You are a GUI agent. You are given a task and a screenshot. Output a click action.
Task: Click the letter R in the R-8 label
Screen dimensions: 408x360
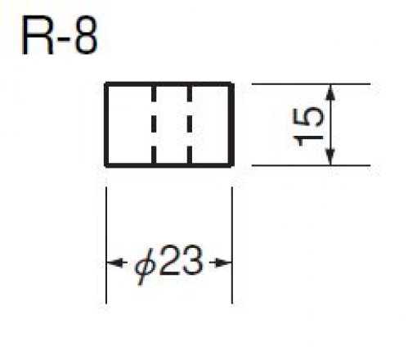37,36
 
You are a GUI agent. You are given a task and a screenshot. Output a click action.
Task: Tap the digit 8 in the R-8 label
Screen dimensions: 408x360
86,35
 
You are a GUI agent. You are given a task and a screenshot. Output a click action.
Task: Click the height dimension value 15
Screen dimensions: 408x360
307,127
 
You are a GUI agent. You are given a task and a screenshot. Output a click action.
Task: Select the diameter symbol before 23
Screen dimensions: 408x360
145,265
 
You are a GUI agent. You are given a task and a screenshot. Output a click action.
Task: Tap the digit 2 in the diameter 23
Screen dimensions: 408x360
169,259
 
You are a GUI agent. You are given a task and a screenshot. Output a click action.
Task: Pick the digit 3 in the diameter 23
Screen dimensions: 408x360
193,259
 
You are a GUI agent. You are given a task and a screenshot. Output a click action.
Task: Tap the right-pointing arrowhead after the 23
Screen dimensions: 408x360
221,263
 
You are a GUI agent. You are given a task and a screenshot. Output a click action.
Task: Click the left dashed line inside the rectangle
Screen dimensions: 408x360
154,124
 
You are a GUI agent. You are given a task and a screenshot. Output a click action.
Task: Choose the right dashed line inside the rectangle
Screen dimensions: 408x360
189,124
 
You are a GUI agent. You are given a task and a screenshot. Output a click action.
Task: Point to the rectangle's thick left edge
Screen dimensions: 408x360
106,124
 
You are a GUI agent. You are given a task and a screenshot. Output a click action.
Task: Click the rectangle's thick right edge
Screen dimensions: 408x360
231,124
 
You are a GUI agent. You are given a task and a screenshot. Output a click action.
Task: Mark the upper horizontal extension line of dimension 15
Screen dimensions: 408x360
311,84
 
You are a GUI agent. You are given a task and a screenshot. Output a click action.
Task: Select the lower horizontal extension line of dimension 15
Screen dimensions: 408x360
311,165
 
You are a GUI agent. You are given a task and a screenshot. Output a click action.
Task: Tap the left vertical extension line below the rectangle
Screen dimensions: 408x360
106,245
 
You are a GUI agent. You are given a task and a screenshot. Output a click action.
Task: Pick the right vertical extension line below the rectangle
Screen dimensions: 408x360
232,245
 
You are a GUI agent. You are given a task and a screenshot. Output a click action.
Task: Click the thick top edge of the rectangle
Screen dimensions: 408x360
169,84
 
